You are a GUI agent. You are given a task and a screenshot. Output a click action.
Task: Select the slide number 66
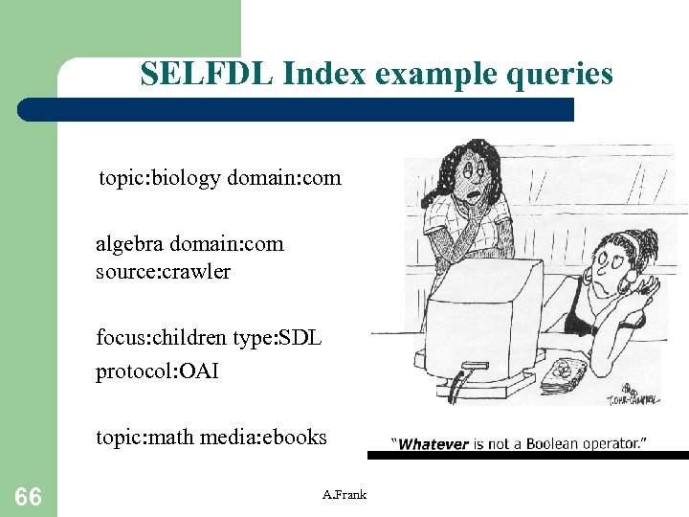point(28,496)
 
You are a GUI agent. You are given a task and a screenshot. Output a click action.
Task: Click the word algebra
point(127,244)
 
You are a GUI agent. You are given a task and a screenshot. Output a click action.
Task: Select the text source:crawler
point(163,271)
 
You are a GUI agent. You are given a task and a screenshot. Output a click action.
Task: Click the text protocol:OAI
point(157,371)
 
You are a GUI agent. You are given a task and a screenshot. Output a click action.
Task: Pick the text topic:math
point(143,438)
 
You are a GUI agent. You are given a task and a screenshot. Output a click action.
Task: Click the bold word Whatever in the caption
point(433,444)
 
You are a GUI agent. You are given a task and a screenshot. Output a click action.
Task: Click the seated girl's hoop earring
point(630,283)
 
